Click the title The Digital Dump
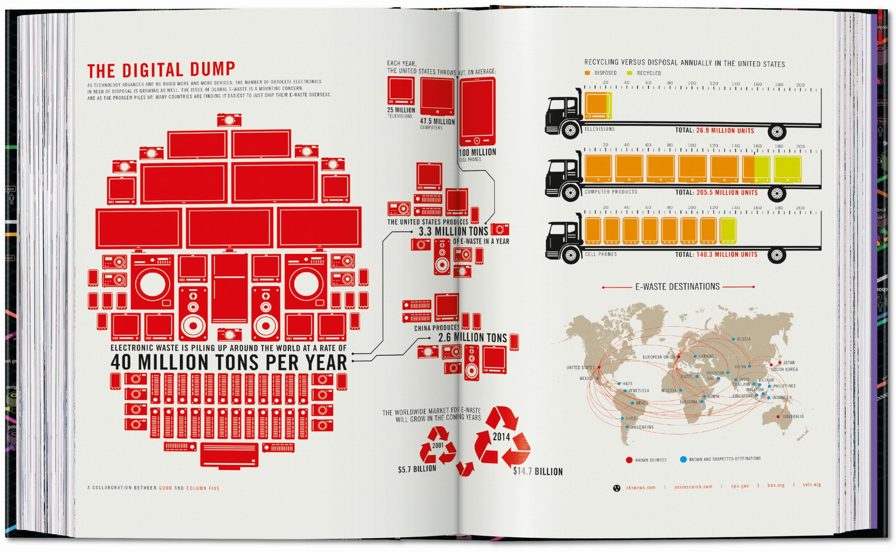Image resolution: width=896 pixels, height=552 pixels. click(161, 70)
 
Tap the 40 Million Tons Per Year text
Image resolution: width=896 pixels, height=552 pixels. click(229, 362)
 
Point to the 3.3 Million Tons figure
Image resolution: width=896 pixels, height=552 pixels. click(453, 231)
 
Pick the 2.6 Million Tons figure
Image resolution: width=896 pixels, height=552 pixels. click(472, 338)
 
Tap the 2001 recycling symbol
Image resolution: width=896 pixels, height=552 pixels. click(438, 446)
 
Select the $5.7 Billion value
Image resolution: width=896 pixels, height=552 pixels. click(417, 469)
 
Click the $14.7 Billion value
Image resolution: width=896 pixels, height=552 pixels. click(538, 471)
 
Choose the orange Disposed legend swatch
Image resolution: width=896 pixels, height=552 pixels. click(587, 73)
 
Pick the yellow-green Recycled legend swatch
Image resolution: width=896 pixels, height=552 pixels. click(629, 73)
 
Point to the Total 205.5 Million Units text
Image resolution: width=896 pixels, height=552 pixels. click(716, 192)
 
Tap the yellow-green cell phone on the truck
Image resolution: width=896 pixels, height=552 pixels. click(728, 231)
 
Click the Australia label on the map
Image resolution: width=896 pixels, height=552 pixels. click(793, 416)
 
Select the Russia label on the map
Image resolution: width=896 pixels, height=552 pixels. click(744, 339)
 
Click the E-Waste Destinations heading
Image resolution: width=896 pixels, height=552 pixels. click(677, 287)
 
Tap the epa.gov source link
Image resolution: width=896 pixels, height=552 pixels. click(739, 486)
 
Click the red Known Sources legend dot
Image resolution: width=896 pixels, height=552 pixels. click(629, 460)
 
